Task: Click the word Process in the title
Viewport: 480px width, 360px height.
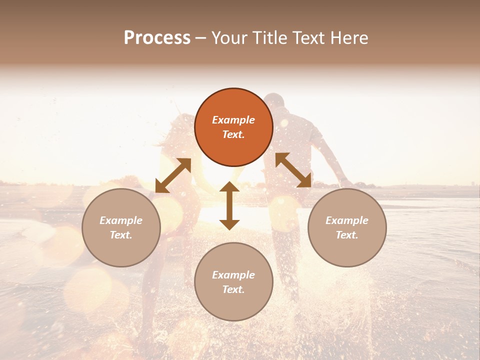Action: click(157, 38)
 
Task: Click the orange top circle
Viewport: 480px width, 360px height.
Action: click(233, 127)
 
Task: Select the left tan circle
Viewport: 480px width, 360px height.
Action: click(121, 227)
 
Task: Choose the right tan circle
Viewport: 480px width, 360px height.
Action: click(347, 227)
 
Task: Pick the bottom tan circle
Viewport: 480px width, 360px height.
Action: click(233, 282)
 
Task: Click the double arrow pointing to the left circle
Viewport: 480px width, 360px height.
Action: click(173, 175)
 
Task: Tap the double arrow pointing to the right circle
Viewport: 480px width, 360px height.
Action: click(293, 170)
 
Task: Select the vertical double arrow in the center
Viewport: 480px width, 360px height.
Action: click(229, 205)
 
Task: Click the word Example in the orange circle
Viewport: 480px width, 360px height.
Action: click(233, 120)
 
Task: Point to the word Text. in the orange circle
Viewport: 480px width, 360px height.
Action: click(233, 134)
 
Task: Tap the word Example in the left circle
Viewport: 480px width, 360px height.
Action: click(121, 220)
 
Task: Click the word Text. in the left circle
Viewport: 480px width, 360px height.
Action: click(121, 235)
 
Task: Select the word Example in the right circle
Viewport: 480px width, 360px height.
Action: click(347, 220)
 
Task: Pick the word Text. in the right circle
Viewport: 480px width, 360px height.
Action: click(347, 235)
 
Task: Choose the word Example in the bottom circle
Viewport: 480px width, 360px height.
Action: click(233, 275)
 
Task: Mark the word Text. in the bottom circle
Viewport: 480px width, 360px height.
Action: click(233, 289)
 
